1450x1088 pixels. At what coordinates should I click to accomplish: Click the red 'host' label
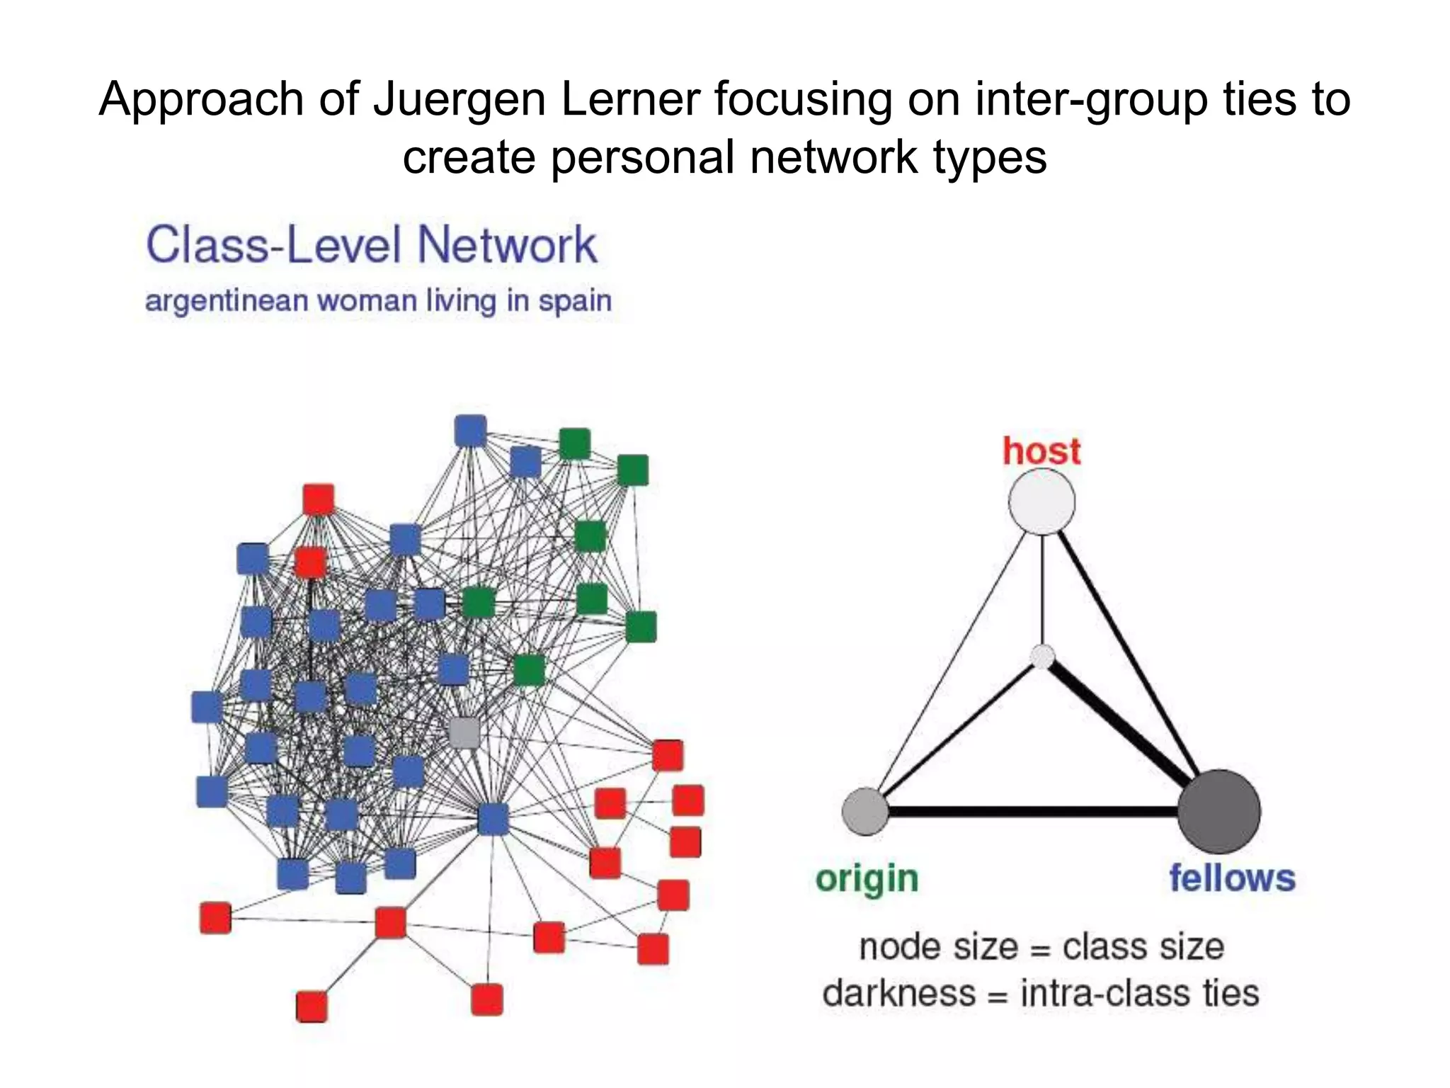pyautogui.click(x=1041, y=451)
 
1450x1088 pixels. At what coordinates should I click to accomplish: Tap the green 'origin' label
pyautogui.click(x=867, y=879)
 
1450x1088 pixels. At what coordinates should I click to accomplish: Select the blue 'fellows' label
pyautogui.click(x=1232, y=878)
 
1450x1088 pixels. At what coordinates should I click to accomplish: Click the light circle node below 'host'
pyautogui.click(x=1041, y=501)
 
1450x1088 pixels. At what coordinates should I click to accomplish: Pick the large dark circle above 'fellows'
pyautogui.click(x=1218, y=811)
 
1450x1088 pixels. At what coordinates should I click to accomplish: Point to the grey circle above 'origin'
pyautogui.click(x=865, y=811)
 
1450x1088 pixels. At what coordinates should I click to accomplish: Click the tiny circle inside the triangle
pyautogui.click(x=1041, y=656)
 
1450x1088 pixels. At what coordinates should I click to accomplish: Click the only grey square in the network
pyautogui.click(x=464, y=732)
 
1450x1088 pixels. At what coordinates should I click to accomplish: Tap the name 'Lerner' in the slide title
pyautogui.click(x=630, y=99)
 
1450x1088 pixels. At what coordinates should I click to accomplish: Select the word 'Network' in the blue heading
pyautogui.click(x=507, y=245)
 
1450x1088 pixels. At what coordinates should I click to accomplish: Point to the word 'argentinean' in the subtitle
pyautogui.click(x=227, y=301)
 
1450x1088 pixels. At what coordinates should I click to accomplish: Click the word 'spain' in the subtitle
pyautogui.click(x=574, y=301)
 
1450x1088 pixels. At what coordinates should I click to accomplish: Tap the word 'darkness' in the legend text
pyautogui.click(x=898, y=993)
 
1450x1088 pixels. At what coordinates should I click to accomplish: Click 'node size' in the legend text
pyautogui.click(x=938, y=946)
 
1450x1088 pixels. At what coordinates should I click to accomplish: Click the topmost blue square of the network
pyautogui.click(x=470, y=431)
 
